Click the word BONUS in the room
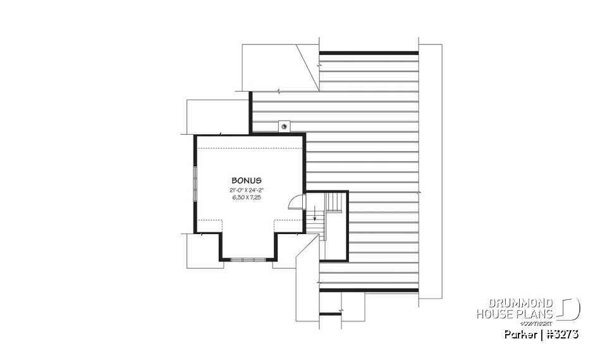click(246, 180)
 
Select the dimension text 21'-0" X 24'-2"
click(246, 190)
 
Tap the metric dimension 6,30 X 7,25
click(246, 197)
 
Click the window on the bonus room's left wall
click(195, 183)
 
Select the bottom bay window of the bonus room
click(248, 259)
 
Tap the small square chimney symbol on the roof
click(284, 126)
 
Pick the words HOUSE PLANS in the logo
click(515, 313)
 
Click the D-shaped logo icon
click(570, 309)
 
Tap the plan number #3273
click(563, 334)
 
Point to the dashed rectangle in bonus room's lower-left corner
click(210, 227)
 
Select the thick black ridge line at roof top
click(369, 53)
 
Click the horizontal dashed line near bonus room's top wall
click(249, 147)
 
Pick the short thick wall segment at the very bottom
click(330, 313)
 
